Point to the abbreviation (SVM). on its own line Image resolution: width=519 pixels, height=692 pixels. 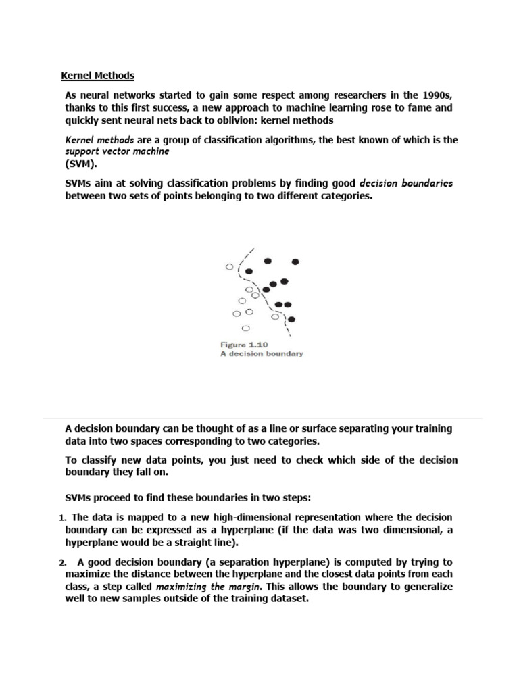pyautogui.click(x=81, y=164)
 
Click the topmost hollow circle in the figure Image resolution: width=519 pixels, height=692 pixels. pyautogui.click(x=229, y=267)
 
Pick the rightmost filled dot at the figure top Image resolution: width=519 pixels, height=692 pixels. pyautogui.click(x=295, y=262)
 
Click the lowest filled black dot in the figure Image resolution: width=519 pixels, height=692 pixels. pyautogui.click(x=292, y=319)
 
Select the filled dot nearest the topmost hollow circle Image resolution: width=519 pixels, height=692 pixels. pyautogui.click(x=249, y=272)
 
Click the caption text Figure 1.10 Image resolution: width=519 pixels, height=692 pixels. pyautogui.click(x=244, y=345)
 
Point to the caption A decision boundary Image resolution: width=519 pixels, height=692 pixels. pyautogui.click(x=262, y=353)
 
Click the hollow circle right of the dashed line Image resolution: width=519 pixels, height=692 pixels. pyautogui.click(x=274, y=316)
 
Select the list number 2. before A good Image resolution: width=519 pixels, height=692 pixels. pyautogui.click(x=61, y=562)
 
